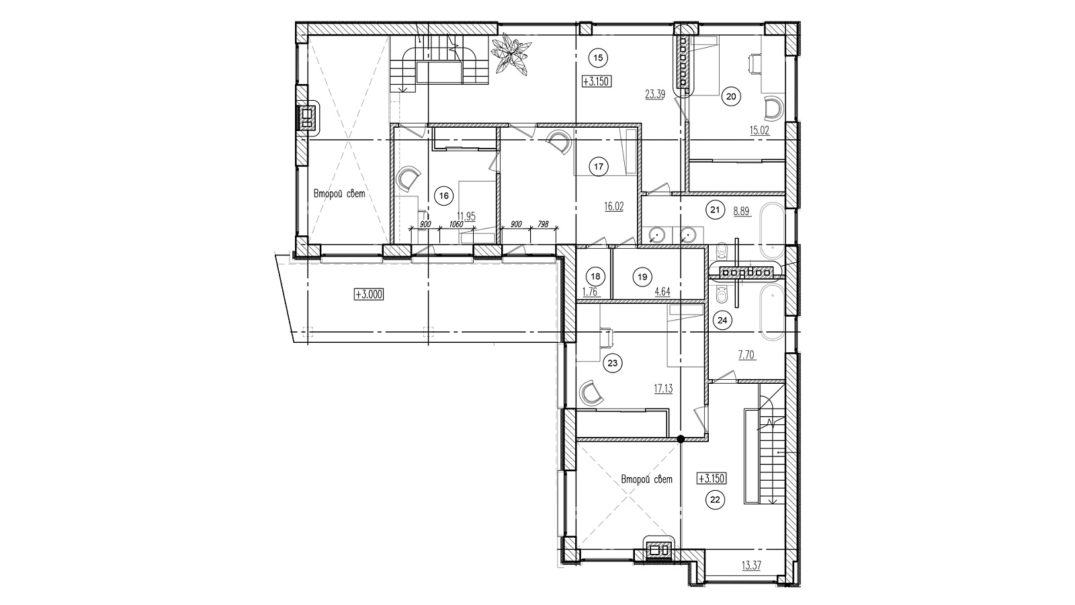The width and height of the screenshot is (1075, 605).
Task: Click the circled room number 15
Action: point(597,58)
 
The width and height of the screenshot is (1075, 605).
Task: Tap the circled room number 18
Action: point(595,276)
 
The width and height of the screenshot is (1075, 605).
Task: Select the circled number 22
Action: point(715,500)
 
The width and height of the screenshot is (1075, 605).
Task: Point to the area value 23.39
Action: point(654,95)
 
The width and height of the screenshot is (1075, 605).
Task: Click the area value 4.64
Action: point(662,292)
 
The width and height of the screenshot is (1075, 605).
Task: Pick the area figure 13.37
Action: point(751,565)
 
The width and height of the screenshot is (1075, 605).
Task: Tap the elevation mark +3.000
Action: point(369,294)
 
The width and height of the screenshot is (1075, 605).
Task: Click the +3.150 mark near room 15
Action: point(597,81)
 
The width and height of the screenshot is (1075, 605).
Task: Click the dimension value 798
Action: point(543,225)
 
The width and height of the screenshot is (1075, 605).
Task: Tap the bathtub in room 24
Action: point(772,312)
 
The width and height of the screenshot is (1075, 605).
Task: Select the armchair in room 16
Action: point(408,177)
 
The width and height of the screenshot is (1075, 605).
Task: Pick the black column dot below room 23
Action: point(680,438)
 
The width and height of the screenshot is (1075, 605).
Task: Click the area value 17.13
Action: point(663,389)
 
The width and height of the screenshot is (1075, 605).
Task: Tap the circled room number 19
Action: point(642,276)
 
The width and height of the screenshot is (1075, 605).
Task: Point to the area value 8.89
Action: point(742,211)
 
